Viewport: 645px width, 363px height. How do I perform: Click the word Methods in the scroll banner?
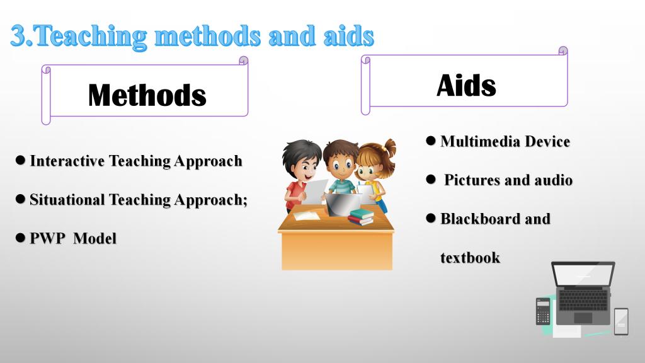pos(147,95)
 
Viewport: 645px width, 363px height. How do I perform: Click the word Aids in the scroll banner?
pos(466,86)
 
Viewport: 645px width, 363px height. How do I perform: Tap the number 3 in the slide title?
pos(18,35)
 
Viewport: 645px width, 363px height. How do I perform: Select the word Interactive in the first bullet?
pos(67,161)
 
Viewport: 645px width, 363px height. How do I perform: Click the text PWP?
pos(47,238)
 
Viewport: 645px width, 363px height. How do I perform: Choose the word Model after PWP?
pos(94,238)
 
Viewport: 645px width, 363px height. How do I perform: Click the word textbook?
pos(470,258)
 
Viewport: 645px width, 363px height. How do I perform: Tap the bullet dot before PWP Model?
pos(20,238)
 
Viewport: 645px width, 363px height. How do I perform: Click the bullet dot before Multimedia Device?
pos(431,141)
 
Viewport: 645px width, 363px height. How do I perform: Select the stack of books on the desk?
pos(361,217)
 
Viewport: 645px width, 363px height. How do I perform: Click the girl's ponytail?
pos(389,149)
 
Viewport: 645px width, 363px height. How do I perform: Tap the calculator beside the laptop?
pos(543,311)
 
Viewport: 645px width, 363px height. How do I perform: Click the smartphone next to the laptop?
pos(621,321)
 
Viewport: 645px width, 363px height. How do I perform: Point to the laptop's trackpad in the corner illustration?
pos(583,318)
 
